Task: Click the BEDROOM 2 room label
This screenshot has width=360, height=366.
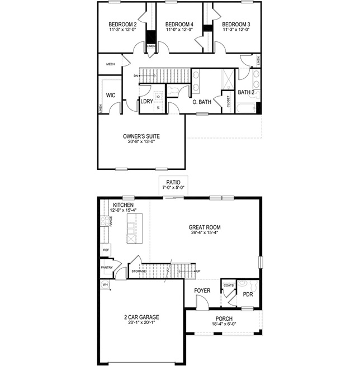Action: pos(122,25)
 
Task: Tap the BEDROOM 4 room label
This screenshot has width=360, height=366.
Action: pos(179,25)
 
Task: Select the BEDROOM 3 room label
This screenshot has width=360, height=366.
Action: pos(235,25)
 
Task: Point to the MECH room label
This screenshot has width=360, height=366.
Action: pos(111,64)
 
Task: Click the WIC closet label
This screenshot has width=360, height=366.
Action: pos(111,96)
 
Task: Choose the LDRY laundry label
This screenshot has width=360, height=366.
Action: pos(147,102)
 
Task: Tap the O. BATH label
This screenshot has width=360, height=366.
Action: pos(201,102)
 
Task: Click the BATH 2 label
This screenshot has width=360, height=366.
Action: pos(246,92)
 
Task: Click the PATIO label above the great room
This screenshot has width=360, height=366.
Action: pos(173,182)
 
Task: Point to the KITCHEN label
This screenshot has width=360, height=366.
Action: pos(123,206)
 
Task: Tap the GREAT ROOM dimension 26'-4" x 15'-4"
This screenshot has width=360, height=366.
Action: pos(204,234)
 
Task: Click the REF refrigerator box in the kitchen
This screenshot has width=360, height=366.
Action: pos(106,250)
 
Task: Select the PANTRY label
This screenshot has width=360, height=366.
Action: pos(107,268)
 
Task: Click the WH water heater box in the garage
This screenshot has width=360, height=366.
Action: pos(105,284)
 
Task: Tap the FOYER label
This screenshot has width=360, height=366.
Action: pos(202,291)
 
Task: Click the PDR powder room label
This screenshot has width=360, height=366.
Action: pos(248,294)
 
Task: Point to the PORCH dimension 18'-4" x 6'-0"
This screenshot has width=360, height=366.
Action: pos(224,325)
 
